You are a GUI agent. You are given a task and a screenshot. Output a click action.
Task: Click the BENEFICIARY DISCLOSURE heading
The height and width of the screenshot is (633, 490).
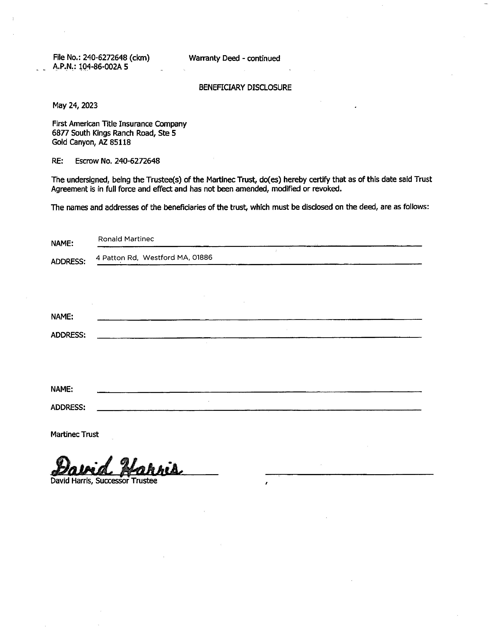(245, 87)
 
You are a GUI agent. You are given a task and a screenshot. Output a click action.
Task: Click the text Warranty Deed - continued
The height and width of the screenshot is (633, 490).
(234, 58)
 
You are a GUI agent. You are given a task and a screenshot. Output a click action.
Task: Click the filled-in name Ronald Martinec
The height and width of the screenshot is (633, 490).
(126, 239)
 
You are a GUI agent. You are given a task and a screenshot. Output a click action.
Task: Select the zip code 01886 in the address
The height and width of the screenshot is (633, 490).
(202, 257)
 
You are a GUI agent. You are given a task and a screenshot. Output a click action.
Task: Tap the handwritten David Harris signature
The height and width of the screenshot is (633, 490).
(117, 466)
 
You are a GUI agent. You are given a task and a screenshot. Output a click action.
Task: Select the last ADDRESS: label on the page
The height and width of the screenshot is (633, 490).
(68, 407)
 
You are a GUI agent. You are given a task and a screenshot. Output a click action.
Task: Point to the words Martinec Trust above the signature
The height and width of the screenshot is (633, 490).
(75, 434)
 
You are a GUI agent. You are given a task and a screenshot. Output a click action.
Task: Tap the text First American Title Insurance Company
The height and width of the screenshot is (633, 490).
(119, 124)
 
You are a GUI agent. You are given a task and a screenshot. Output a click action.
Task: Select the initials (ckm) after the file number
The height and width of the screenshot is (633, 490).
(139, 58)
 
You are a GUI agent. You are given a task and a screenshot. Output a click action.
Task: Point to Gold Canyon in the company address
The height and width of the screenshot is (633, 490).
(71, 142)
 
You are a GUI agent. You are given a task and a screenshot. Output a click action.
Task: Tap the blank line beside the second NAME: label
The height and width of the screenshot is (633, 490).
(259, 319)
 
